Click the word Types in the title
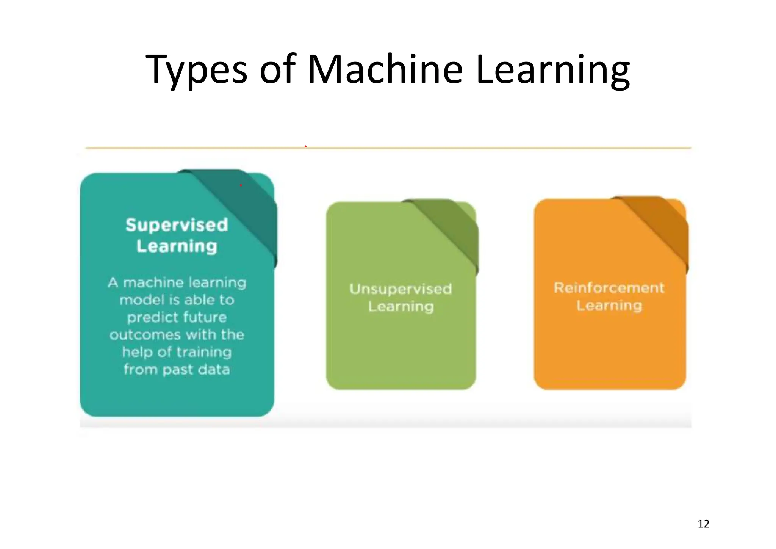[196, 70]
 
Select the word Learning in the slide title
[552, 70]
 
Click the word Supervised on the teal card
[177, 225]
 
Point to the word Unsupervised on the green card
[401, 289]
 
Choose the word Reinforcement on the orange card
[609, 288]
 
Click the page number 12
[703, 524]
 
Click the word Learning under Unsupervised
[401, 306]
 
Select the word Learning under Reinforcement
[609, 306]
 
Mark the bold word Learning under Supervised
[177, 246]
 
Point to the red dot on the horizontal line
[305, 146]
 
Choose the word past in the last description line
[178, 370]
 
